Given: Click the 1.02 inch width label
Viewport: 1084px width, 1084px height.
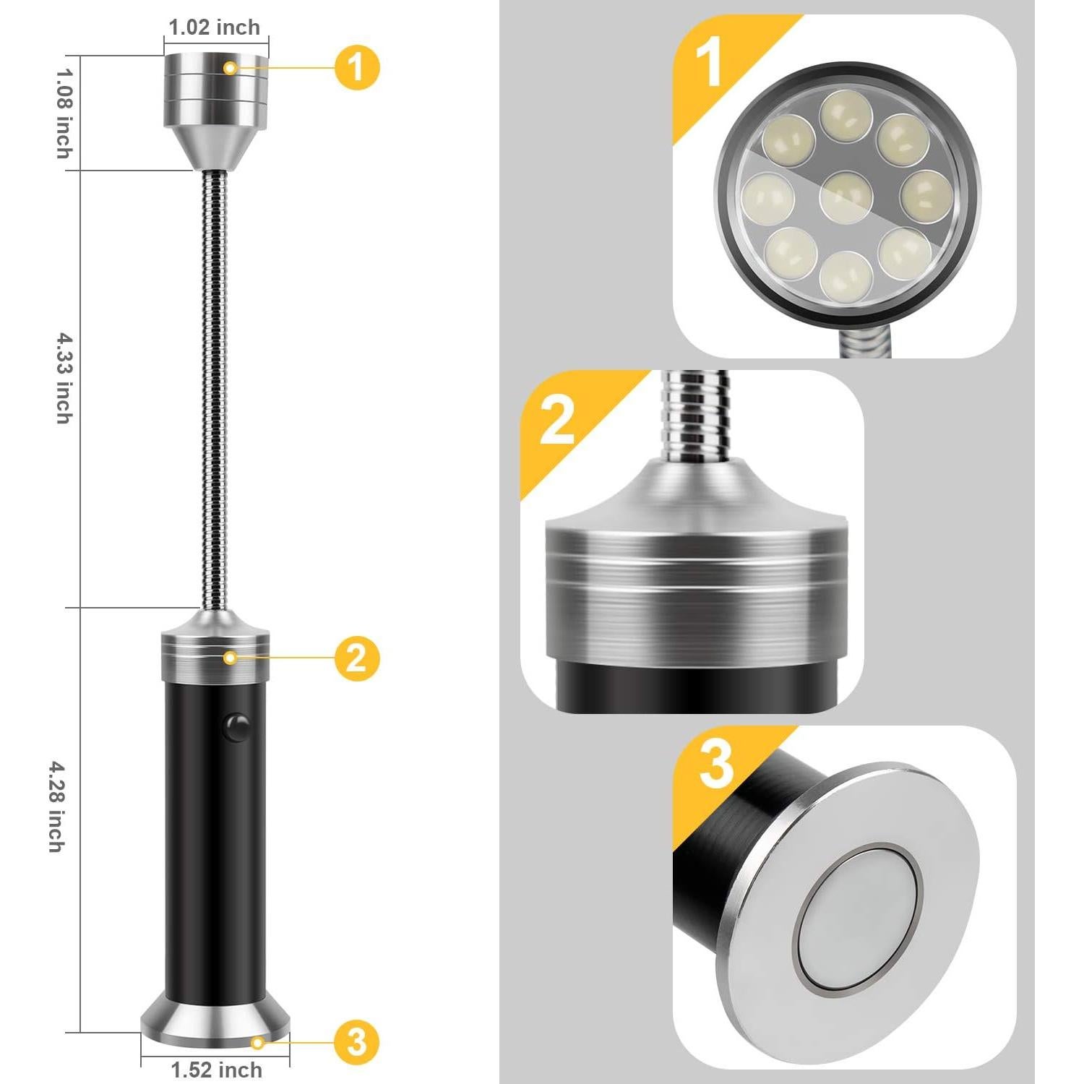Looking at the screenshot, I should click(x=214, y=27).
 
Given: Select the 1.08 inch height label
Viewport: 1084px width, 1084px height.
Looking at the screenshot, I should click(x=65, y=113).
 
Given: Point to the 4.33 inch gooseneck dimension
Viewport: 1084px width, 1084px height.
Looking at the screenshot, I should click(x=65, y=378).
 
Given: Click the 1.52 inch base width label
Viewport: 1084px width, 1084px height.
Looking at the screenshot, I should click(x=216, y=1070).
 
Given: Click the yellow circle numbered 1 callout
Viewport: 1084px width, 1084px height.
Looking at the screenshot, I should click(x=357, y=67).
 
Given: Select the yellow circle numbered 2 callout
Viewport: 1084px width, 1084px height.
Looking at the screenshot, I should click(x=357, y=658).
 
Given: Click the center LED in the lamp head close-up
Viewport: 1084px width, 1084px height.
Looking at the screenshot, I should click(x=846, y=196).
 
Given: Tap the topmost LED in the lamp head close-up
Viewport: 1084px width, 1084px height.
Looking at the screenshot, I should click(x=846, y=114).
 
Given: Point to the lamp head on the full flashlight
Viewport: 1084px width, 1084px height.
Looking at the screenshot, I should click(x=215, y=108).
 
